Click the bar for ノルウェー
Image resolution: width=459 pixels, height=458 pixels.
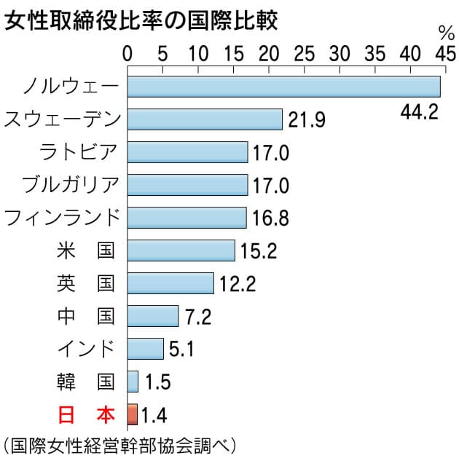click(x=284, y=86)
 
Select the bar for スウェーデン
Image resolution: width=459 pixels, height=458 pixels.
click(x=205, y=119)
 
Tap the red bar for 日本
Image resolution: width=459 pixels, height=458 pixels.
click(x=132, y=414)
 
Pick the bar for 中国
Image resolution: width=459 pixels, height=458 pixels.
click(x=153, y=316)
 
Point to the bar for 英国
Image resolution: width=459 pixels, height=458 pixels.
click(x=170, y=283)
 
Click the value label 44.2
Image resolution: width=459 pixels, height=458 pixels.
click(x=420, y=113)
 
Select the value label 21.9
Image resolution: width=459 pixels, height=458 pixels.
click(x=305, y=120)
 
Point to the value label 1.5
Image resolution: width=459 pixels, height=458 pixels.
click(x=157, y=382)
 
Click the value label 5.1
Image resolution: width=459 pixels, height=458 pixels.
click(x=182, y=350)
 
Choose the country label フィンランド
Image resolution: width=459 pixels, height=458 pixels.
click(x=61, y=217)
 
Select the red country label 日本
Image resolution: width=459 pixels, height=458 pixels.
click(x=86, y=414)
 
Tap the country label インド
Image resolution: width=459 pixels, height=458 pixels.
click(x=86, y=349)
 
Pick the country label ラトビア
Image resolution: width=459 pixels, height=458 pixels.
click(x=80, y=151)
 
